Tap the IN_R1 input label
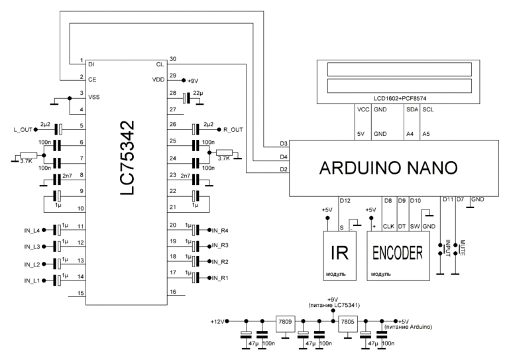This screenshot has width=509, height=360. tap(221, 278)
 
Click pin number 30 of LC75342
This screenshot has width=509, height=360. tap(172, 58)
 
